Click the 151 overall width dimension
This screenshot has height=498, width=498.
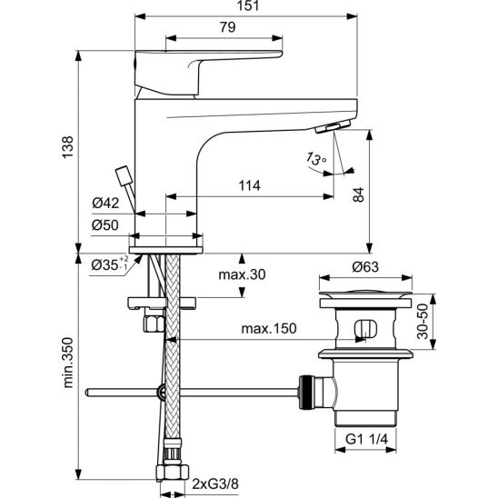[x=248, y=5]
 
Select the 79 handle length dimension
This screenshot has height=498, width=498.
[x=228, y=27]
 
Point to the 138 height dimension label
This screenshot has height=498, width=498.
[x=67, y=147]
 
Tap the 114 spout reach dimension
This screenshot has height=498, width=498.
[x=249, y=185]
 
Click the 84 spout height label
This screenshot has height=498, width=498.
[x=359, y=194]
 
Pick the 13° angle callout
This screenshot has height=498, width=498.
[x=316, y=158]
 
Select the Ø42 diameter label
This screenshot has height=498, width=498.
[x=105, y=203]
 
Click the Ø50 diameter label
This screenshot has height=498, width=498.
[x=105, y=225]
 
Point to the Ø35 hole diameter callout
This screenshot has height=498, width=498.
[x=110, y=264]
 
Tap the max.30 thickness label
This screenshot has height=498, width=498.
[x=242, y=274]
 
